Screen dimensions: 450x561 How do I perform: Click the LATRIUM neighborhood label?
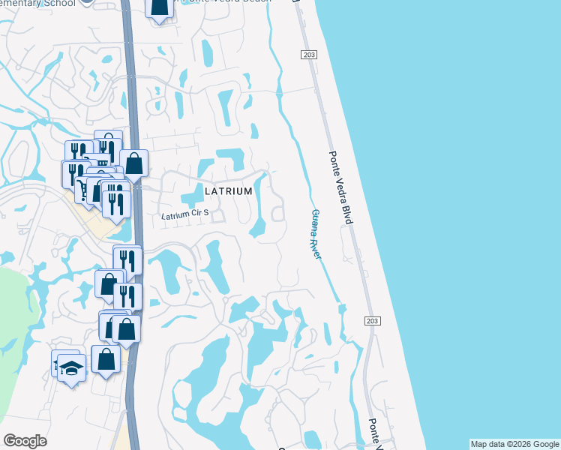click(x=229, y=192)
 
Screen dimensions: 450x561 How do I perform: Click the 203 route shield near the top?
click(x=308, y=55)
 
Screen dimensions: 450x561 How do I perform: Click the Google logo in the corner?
click(x=25, y=441)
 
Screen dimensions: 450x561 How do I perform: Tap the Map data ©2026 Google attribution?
click(x=514, y=444)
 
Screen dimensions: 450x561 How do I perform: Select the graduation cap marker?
click(x=71, y=367)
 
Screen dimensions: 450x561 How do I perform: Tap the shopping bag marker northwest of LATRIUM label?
click(x=133, y=163)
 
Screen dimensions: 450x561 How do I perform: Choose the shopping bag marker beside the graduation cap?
click(x=106, y=358)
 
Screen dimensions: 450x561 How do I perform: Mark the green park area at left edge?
click(x=15, y=330)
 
